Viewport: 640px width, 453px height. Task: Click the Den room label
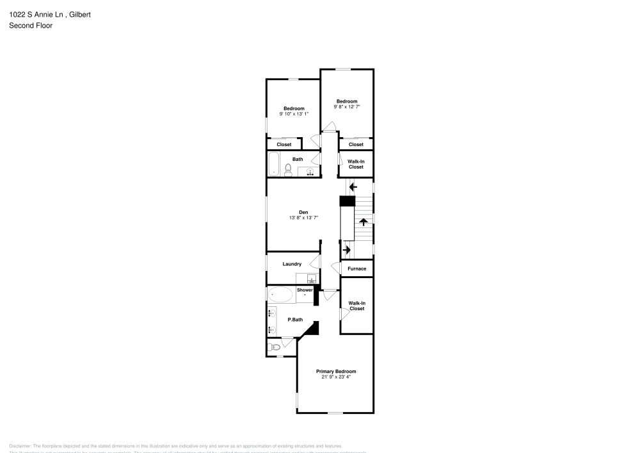click(x=303, y=212)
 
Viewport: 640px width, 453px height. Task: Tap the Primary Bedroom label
click(x=336, y=371)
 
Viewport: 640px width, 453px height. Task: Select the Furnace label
click(x=356, y=268)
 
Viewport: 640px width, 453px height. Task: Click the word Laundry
click(x=292, y=264)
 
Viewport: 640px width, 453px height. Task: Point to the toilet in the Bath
click(x=288, y=170)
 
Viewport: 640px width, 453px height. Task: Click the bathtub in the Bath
click(x=274, y=164)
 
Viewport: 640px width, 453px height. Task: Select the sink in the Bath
click(x=310, y=171)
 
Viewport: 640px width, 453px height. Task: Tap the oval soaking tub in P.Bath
click(x=280, y=295)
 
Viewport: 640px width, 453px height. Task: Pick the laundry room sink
click(x=312, y=279)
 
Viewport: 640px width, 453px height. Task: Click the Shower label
click(x=305, y=290)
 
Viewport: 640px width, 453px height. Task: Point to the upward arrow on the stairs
click(x=364, y=222)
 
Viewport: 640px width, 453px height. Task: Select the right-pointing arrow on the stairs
click(x=348, y=249)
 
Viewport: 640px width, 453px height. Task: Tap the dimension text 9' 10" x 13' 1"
click(x=294, y=114)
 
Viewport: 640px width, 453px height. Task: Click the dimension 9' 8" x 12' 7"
click(x=347, y=107)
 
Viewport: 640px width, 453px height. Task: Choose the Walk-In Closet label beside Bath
click(x=356, y=164)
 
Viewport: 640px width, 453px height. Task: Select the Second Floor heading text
click(x=31, y=26)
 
